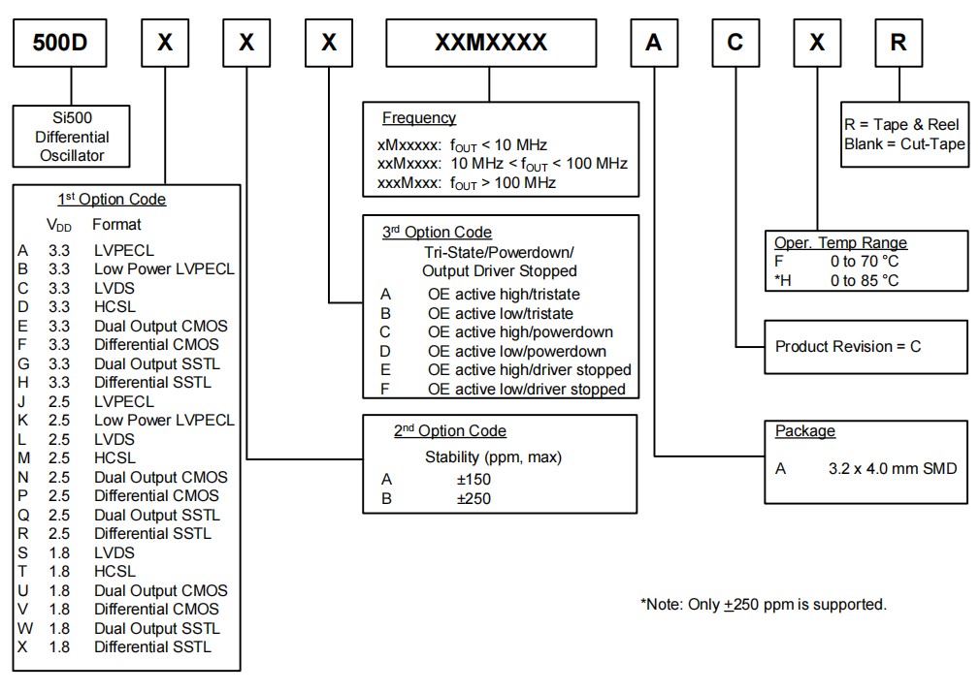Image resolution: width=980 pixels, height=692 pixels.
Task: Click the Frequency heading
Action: [418, 118]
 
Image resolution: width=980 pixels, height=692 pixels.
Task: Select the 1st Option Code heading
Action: [112, 200]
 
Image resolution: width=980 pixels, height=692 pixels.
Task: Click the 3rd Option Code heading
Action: [437, 233]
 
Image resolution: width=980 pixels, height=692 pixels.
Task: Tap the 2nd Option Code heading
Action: [450, 431]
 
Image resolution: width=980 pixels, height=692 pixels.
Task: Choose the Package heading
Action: [805, 431]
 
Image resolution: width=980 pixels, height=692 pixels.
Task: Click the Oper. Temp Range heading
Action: [840, 243]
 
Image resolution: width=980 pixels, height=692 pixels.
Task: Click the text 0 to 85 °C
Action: [865, 280]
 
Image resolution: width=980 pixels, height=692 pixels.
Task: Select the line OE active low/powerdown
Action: [516, 351]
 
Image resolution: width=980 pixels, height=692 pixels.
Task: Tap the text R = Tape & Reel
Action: [901, 125]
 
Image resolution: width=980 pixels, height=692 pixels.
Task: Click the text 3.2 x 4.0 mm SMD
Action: [893, 469]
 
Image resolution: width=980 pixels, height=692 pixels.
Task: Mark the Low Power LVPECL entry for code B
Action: [164, 269]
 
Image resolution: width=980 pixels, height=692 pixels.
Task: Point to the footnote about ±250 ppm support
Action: [763, 605]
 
